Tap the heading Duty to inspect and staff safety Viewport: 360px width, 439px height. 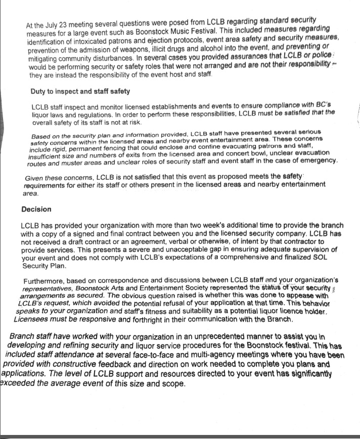click(x=80, y=91)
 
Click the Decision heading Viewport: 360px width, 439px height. click(x=36, y=209)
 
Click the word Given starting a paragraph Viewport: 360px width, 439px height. click(x=36, y=177)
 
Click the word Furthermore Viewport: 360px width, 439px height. click(x=46, y=281)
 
